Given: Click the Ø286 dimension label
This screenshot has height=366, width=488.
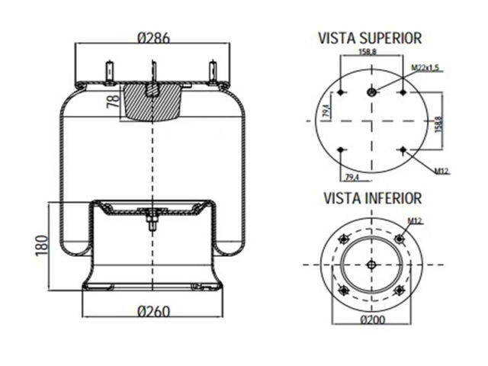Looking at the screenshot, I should point(152,37).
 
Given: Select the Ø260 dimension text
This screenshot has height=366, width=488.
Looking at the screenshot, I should point(152,312).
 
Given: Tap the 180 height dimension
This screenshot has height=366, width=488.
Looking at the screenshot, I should point(42,246).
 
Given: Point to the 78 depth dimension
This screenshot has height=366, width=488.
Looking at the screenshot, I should point(113,101).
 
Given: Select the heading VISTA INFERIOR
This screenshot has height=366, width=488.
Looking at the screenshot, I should point(372,198).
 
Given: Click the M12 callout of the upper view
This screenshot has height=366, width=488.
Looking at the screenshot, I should point(441,171).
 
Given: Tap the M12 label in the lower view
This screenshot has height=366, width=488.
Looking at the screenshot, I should point(414,221).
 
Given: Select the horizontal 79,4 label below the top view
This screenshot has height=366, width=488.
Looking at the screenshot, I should point(352,177).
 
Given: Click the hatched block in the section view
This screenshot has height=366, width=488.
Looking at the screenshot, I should point(152,103).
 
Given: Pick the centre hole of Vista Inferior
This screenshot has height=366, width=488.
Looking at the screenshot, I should point(371,265).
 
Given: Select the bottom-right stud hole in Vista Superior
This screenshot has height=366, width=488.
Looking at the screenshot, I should point(402,150).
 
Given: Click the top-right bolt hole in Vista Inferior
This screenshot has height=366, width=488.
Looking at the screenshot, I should point(399,239).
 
